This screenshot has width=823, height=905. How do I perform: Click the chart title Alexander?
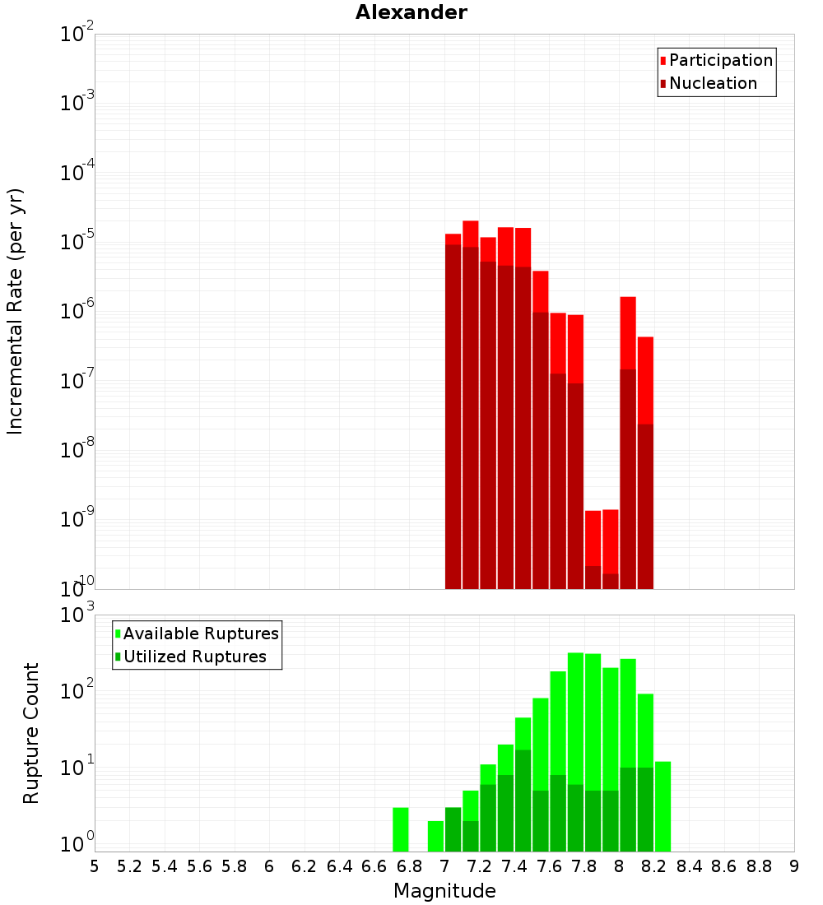411,12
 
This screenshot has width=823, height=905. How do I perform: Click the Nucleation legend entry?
713,83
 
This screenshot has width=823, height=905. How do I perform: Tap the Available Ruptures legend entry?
201,633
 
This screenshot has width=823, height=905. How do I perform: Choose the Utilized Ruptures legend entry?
194,657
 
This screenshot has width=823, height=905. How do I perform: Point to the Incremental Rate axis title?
16,312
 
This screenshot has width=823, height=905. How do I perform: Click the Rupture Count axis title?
31,733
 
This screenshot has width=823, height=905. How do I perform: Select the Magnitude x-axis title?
444,891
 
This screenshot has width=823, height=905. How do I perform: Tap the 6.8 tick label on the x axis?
409,866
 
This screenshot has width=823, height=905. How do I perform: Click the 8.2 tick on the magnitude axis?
654,866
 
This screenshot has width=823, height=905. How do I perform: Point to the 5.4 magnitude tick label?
165,866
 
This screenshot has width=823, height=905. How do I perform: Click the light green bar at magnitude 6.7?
401,829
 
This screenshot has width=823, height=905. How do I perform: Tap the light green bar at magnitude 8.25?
663,806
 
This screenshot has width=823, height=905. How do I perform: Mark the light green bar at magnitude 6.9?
435,836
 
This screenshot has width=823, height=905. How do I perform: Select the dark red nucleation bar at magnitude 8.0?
628,477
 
